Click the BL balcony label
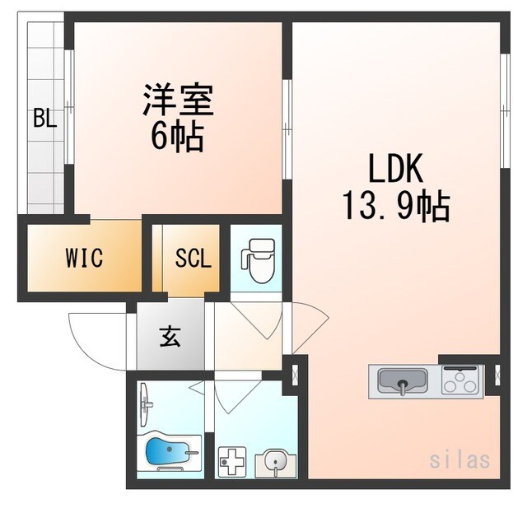click(x=44, y=119)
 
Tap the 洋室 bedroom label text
click(x=178, y=101)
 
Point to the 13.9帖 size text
click(x=395, y=206)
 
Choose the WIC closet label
click(x=84, y=259)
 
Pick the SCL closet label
click(x=193, y=259)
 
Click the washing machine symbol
click(x=231, y=463)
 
